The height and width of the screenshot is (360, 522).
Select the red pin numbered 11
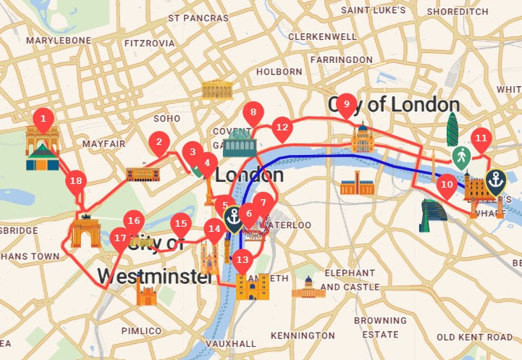coord(480,138)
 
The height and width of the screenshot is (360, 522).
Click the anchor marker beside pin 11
coord(496,180)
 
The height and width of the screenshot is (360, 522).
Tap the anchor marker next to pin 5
coord(234,217)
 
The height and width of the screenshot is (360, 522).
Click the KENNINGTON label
coord(303,336)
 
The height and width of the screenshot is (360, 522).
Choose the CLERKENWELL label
coord(322,36)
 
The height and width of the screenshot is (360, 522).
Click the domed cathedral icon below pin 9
coord(363,139)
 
